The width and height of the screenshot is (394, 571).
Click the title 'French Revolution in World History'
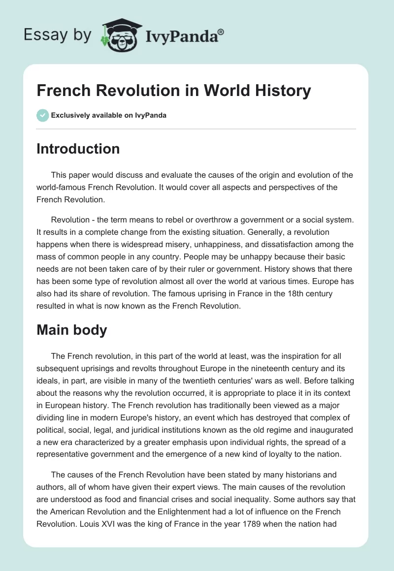pos(174,91)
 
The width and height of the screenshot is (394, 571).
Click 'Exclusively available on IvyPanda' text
pos(108,115)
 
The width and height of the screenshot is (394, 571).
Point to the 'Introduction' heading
pos(78,149)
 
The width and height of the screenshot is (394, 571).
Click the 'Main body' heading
pos(71,330)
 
